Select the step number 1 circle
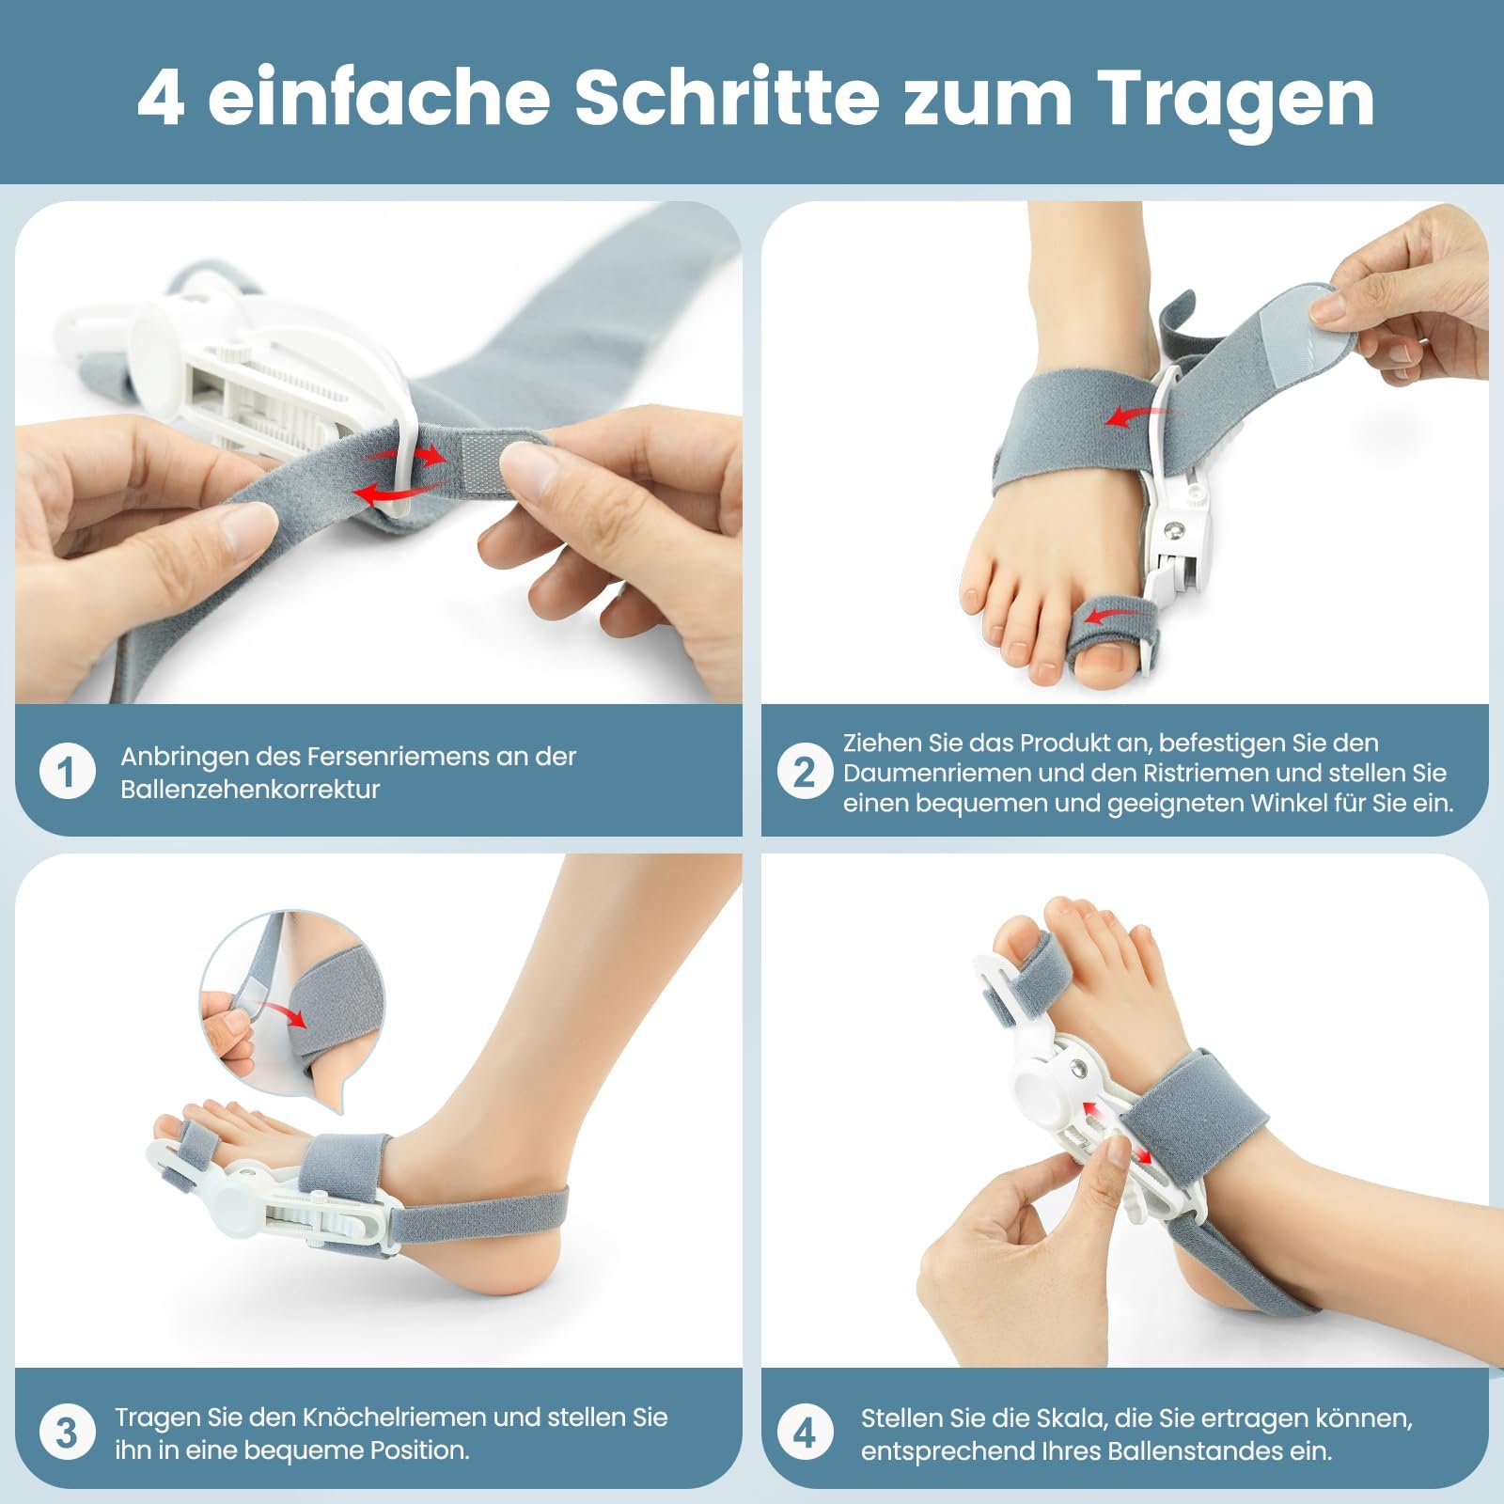point(68,773)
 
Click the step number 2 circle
point(805,773)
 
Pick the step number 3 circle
point(68,1433)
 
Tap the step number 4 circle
point(805,1433)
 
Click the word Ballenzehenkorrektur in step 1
point(250,790)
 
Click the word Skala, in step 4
point(1072,1418)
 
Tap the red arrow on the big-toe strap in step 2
point(1109,616)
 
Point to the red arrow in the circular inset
point(286,1013)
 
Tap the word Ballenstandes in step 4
point(1197,1450)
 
